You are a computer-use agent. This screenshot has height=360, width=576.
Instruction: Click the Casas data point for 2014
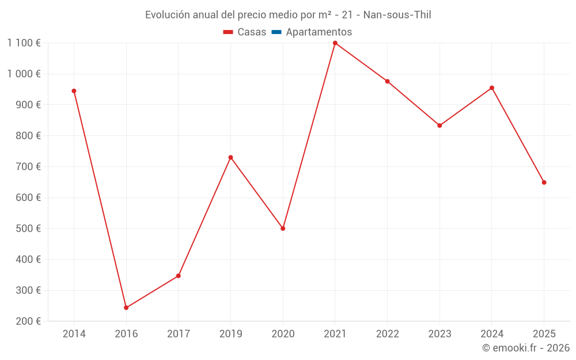point(74,91)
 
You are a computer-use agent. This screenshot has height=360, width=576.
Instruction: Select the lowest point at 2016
point(126,308)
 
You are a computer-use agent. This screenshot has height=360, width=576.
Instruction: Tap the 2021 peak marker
point(335,43)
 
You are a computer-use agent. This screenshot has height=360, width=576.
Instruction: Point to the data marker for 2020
point(283,229)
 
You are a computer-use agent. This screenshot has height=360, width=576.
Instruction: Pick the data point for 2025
point(544,183)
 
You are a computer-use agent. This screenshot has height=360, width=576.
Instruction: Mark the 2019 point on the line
point(230,157)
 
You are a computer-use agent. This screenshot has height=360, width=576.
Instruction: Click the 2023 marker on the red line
point(439,126)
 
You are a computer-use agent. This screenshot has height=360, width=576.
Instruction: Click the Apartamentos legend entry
point(319,32)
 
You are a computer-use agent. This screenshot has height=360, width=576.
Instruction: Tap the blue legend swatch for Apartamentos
point(276,32)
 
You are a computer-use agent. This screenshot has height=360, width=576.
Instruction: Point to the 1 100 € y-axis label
point(24,43)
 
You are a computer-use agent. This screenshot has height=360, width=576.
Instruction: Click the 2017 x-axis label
point(178,334)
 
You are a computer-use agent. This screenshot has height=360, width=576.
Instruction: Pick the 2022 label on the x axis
point(387,334)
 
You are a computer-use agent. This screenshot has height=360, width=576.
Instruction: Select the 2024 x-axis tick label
point(491,334)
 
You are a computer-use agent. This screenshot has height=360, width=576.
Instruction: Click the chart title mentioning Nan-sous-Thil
point(288,15)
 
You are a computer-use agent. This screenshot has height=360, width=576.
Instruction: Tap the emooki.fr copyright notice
point(526,348)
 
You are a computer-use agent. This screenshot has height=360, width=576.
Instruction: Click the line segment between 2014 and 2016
point(100,199)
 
